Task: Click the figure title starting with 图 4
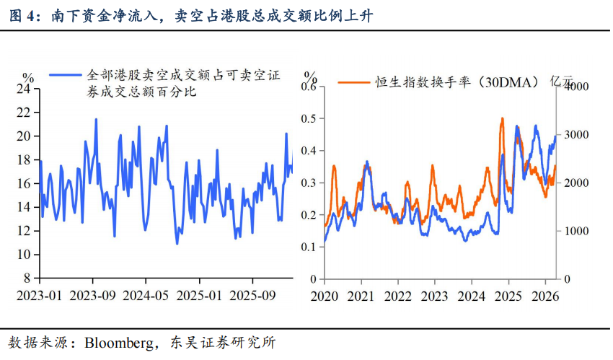click(x=190, y=15)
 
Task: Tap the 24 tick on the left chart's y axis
click(x=24, y=89)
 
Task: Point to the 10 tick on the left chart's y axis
click(x=24, y=255)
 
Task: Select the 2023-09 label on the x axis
click(x=93, y=297)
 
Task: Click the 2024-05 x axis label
click(x=146, y=297)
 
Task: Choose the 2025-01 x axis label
click(x=200, y=297)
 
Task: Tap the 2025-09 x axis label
click(x=252, y=297)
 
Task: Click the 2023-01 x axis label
click(x=40, y=297)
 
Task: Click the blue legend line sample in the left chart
click(x=65, y=74)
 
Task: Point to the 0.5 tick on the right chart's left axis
click(x=309, y=118)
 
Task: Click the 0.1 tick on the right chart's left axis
click(x=309, y=247)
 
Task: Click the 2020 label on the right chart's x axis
click(x=324, y=297)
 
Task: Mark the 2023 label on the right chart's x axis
click(x=433, y=297)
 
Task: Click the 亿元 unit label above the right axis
click(x=565, y=82)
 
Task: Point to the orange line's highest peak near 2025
click(x=502, y=119)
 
